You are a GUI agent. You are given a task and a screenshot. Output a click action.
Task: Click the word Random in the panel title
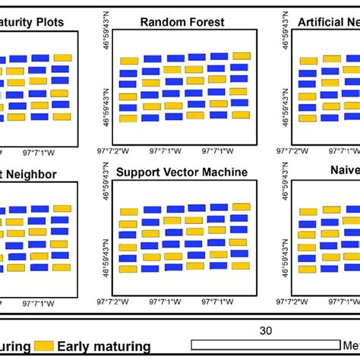pos(160,22)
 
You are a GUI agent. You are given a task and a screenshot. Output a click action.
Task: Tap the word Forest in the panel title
pos(204,22)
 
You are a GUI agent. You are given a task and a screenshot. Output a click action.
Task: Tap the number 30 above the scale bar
pos(265,330)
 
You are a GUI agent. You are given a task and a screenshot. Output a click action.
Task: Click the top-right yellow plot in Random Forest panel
pos(242,55)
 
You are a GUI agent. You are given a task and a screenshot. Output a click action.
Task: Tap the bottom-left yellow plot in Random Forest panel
pos(128,118)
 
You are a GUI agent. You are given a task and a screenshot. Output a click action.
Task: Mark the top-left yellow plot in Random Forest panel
pos(129,61)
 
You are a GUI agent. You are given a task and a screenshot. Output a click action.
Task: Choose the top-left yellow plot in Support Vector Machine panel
pos(129,212)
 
